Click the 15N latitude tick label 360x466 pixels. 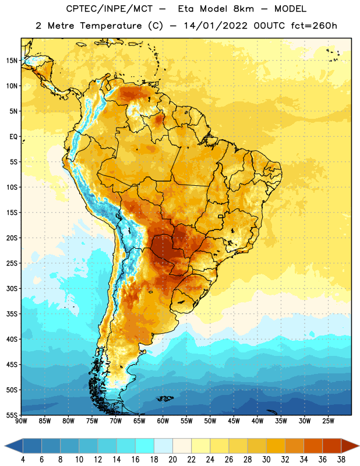[x=12, y=61]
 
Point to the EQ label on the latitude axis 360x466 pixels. [x=13, y=137]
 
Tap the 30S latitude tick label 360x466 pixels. [x=12, y=288]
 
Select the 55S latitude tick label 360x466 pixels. [x=12, y=415]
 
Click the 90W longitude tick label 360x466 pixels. [x=21, y=421]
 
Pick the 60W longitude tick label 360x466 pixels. [x=163, y=421]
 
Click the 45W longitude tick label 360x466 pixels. [x=234, y=421]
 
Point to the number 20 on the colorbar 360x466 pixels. [x=172, y=460]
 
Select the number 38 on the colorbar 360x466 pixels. [x=341, y=460]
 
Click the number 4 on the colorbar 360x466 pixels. [x=23, y=460]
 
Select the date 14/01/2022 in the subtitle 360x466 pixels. [x=216, y=26]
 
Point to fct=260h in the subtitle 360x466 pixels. [x=314, y=26]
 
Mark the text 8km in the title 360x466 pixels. [x=243, y=9]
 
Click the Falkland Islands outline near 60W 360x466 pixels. [x=165, y=398]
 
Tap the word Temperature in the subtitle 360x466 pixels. [x=111, y=26]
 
